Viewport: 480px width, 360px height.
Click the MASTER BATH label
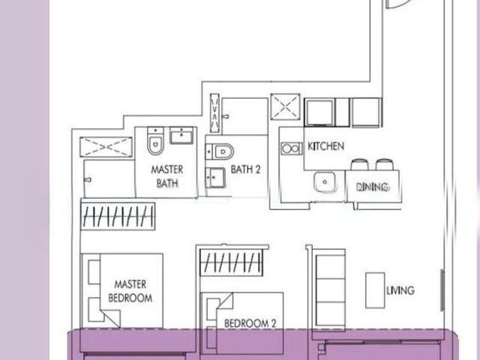point(167,176)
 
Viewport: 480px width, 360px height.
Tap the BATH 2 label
point(245,169)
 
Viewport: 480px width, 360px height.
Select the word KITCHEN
point(326,145)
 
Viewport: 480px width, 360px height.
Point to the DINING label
point(373,187)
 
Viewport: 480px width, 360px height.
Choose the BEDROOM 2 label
point(250,324)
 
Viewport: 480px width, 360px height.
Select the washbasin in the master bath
point(182,136)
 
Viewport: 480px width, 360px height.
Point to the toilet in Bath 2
point(221,151)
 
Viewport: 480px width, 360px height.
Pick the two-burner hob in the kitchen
point(291,148)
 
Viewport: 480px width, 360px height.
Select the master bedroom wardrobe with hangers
point(118,217)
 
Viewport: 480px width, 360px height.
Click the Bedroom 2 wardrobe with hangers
point(232,263)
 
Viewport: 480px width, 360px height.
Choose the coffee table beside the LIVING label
point(375,289)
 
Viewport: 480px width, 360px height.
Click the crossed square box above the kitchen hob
point(286,107)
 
